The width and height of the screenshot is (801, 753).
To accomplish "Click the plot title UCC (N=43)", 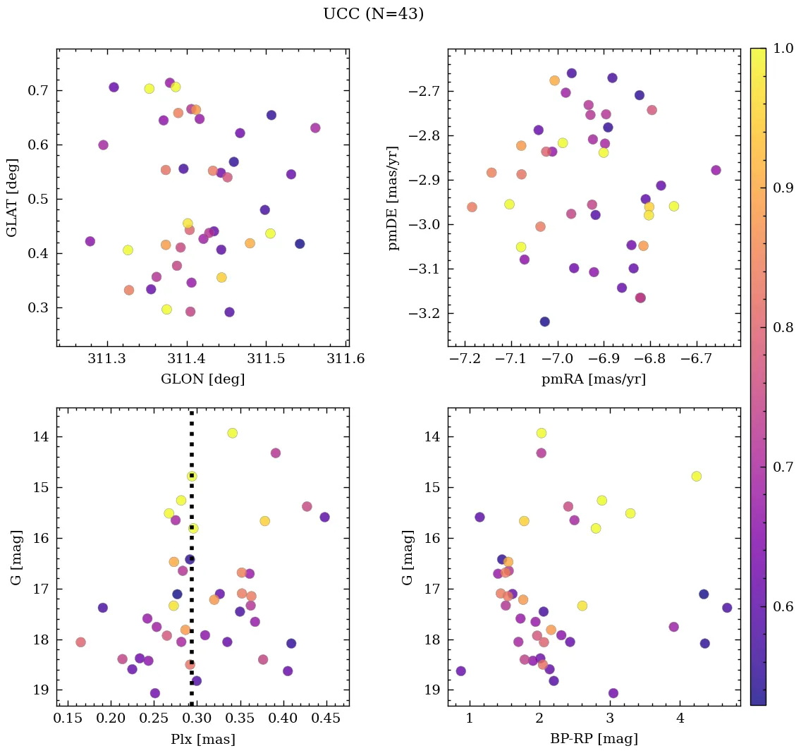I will pyautogui.click(x=373, y=14).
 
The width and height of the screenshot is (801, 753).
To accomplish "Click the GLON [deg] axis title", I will pyautogui.click(x=202, y=379).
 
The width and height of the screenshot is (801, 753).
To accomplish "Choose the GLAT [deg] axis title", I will pyautogui.click(x=12, y=197).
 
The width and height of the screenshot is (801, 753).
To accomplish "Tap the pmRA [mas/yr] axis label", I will pyautogui.click(x=593, y=379).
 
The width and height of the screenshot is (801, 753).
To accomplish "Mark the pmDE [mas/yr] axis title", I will pyautogui.click(x=394, y=197).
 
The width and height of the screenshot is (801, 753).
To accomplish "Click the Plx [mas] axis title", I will pyautogui.click(x=202, y=739).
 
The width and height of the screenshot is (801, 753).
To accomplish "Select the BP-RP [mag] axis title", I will pyautogui.click(x=593, y=739).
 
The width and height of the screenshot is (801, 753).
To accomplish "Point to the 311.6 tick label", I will pyautogui.click(x=346, y=359).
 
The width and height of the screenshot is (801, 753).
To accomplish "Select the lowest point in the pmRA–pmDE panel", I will pyautogui.click(x=544, y=322).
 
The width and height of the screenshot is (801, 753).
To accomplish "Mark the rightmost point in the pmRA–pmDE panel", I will pyautogui.click(x=716, y=170).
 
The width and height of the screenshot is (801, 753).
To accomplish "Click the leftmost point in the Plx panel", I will pyautogui.click(x=80, y=642).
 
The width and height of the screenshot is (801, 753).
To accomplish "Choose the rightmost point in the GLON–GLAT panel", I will pyautogui.click(x=315, y=128).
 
